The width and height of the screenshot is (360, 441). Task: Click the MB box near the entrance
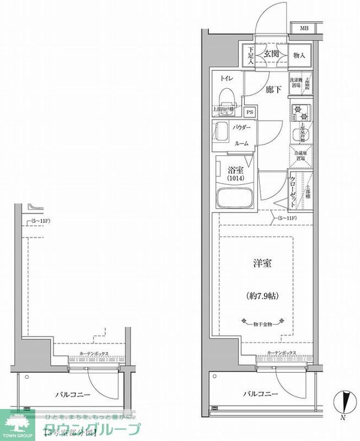pyautogui.click(x=304, y=28)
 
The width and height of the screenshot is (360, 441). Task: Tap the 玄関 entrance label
pyautogui.click(x=270, y=55)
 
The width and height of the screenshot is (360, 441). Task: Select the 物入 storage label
pyautogui.click(x=299, y=55)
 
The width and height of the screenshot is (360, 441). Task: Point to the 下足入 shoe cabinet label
pyautogui.click(x=251, y=55)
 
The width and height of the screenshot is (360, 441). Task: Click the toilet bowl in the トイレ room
pyautogui.click(x=227, y=96)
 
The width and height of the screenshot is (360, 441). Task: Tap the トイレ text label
pyautogui.click(x=227, y=79)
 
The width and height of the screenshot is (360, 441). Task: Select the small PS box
pyautogui.click(x=250, y=112)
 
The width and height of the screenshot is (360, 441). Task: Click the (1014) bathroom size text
pyautogui.click(x=235, y=179)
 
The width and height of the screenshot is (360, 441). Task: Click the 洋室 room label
pyautogui.click(x=259, y=263)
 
